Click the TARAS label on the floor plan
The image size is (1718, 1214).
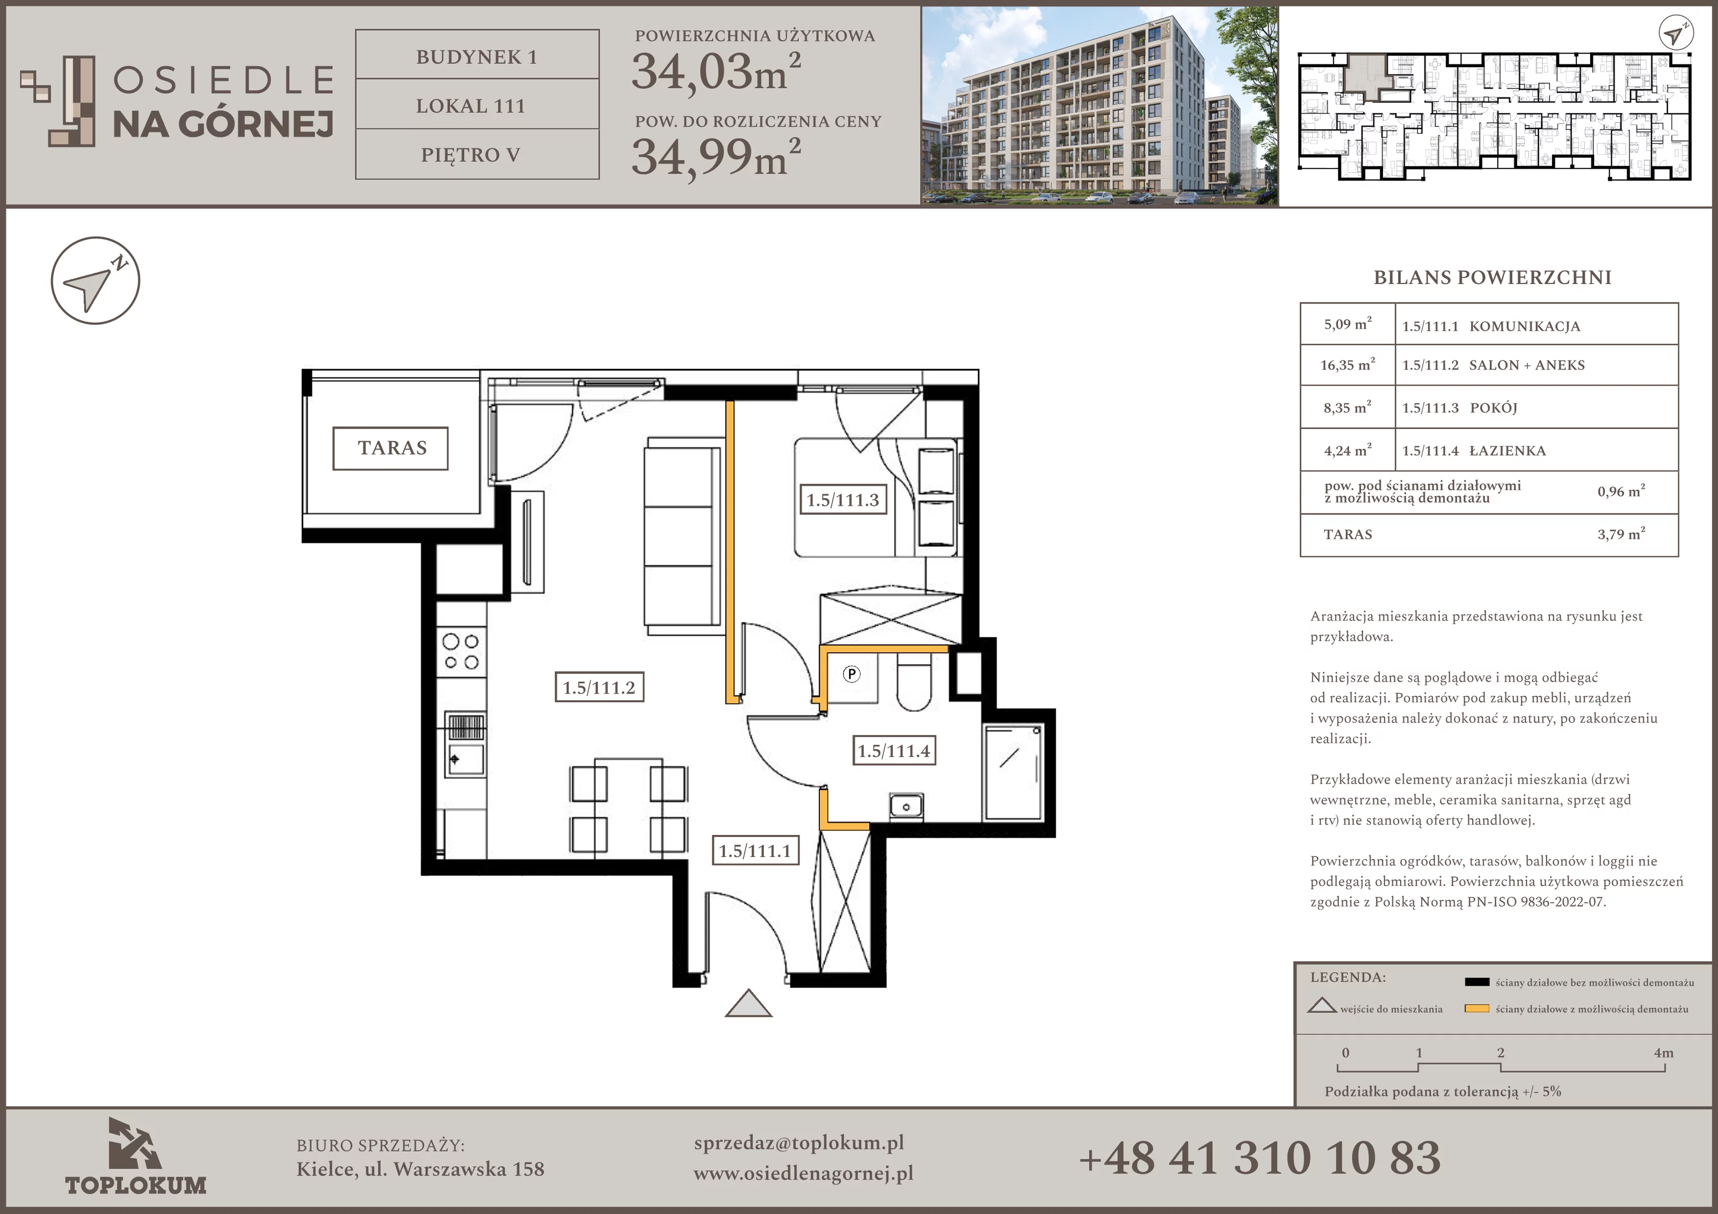pos(391,448)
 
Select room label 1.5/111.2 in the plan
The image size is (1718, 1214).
pos(599,687)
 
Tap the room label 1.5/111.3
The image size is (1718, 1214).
pos(842,499)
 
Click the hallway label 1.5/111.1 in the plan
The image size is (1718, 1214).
pos(754,850)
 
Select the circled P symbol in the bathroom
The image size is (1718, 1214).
pos(851,674)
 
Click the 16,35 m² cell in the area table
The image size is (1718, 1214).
pos(1347,365)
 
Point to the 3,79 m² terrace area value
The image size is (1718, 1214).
pos(1621,534)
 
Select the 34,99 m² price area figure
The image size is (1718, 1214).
pos(716,156)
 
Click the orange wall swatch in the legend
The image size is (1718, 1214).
pos(1477,1008)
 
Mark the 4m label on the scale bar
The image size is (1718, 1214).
pos(1663,1052)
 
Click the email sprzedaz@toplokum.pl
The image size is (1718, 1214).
pos(798,1143)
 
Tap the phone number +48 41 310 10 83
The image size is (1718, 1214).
pos(1260,1158)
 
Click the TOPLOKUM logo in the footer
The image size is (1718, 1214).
pos(135,1155)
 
